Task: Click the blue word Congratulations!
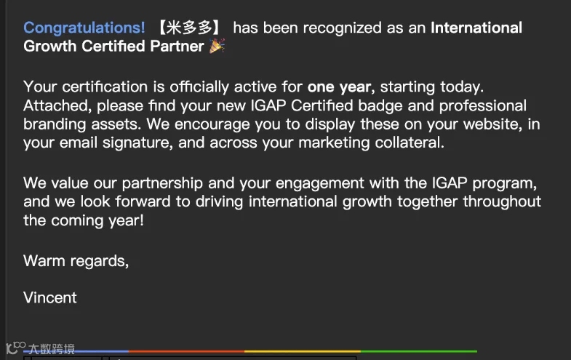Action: [x=84, y=28]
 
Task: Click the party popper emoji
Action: [x=217, y=46]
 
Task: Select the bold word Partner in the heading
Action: [x=177, y=47]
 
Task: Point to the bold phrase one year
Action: [x=339, y=87]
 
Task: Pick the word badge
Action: [x=380, y=106]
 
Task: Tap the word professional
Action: [x=482, y=106]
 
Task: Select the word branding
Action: [x=55, y=124]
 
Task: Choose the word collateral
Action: [x=410, y=143]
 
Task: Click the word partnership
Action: [x=162, y=183]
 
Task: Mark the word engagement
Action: [x=320, y=183]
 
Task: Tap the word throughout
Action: [x=502, y=201]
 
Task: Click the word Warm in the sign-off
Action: [x=44, y=261]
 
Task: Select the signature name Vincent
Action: [x=50, y=297]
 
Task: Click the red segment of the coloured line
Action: [x=186, y=351]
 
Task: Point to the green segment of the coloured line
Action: [x=419, y=351]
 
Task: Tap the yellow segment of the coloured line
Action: [x=303, y=351]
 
